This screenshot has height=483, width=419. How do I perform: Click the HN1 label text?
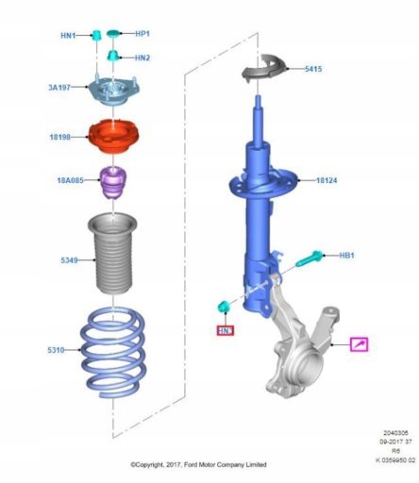68,36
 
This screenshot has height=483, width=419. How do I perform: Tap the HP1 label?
142,34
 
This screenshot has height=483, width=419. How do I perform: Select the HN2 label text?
142,58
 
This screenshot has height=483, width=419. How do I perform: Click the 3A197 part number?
59,87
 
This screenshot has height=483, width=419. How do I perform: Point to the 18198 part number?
60,137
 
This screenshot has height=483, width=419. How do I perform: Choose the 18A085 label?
70,180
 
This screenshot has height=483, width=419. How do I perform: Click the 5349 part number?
69,260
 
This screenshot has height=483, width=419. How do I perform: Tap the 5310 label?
56,350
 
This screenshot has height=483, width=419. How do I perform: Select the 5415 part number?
313,69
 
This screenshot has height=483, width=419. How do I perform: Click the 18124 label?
327,180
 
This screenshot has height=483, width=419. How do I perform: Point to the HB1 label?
346,256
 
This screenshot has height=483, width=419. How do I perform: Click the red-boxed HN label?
226,331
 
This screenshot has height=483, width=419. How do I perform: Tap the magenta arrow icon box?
360,344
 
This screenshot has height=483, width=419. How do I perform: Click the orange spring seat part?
113,137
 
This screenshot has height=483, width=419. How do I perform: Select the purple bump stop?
113,182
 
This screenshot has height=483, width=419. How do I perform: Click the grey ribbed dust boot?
112,254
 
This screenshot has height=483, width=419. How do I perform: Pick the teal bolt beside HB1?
310,258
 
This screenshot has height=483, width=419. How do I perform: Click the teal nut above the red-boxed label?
224,306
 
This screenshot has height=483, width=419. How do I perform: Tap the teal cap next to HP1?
113,33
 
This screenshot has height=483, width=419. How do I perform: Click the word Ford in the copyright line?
191,464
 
